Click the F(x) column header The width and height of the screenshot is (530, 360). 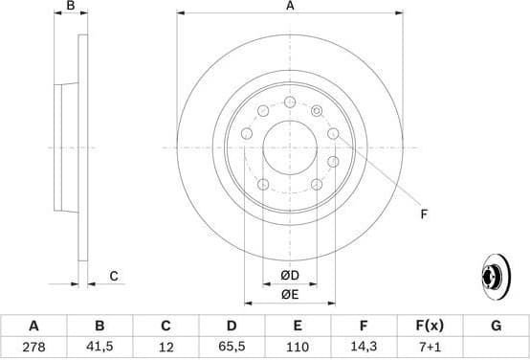[430, 326]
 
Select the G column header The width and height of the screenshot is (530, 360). [496, 326]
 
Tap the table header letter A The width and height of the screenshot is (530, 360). [33, 326]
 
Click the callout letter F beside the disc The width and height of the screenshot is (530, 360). [422, 214]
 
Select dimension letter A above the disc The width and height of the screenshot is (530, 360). [290, 7]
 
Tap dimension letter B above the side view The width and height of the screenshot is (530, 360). [70, 7]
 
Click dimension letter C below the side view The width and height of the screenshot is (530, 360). [113, 277]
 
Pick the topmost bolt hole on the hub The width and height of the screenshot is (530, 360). [290, 101]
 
